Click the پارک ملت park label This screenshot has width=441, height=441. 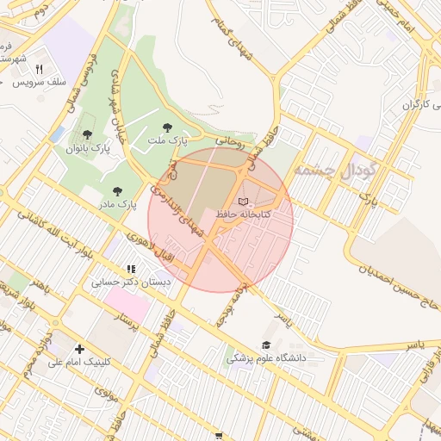[170, 140]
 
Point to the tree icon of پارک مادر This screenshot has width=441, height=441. [117, 191]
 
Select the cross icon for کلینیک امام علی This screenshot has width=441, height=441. [80, 350]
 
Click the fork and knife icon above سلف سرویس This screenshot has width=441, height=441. [40, 70]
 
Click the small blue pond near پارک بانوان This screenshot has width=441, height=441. [57, 134]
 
